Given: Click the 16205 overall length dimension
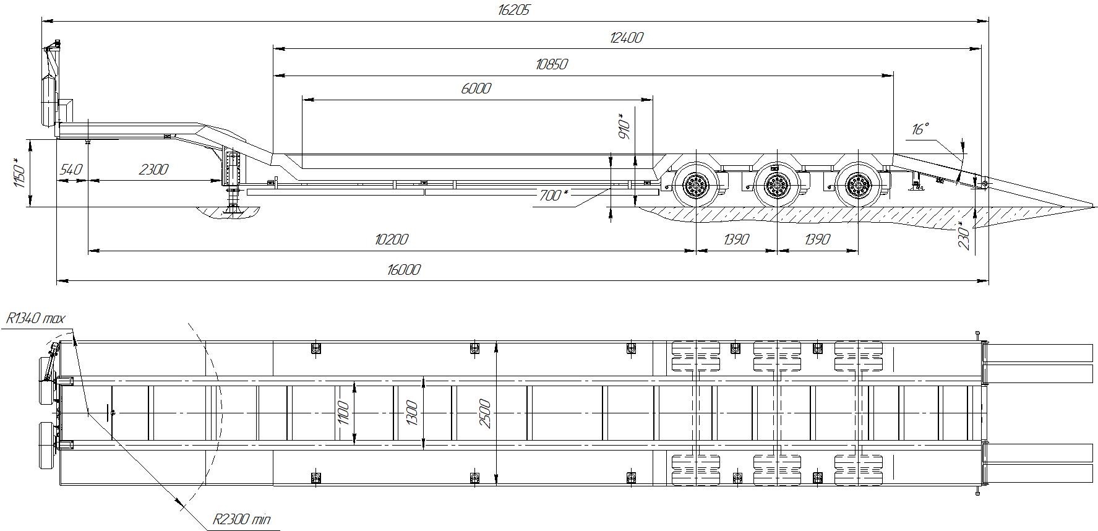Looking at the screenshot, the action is click(x=513, y=10).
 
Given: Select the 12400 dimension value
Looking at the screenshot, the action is click(x=626, y=37).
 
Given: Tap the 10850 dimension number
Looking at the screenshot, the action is click(x=552, y=64).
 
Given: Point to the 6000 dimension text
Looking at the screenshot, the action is click(x=476, y=88).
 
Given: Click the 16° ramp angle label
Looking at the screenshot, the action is click(x=920, y=129).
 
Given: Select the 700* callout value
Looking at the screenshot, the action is click(x=554, y=195).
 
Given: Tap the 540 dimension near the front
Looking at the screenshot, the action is click(x=72, y=169).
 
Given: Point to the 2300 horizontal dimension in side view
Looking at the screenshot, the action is click(x=153, y=169).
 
